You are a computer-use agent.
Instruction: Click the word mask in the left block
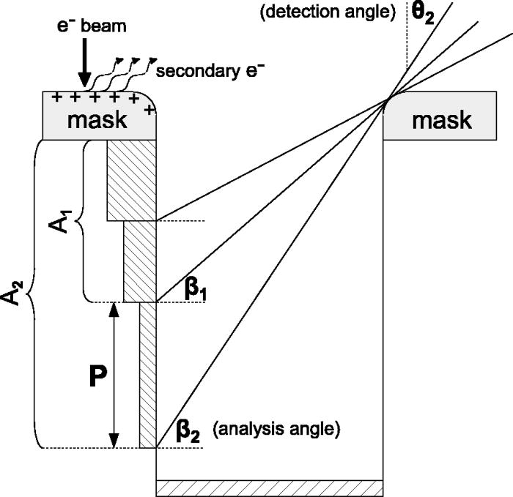point(97,121)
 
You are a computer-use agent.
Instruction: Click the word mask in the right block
point(441,120)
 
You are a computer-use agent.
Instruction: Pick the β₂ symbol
point(188,430)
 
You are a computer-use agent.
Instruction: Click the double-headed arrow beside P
point(114,374)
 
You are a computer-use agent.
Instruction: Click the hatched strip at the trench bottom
point(270,487)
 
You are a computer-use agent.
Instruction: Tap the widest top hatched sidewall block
point(132,179)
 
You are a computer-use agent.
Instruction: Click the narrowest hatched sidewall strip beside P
point(147,374)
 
